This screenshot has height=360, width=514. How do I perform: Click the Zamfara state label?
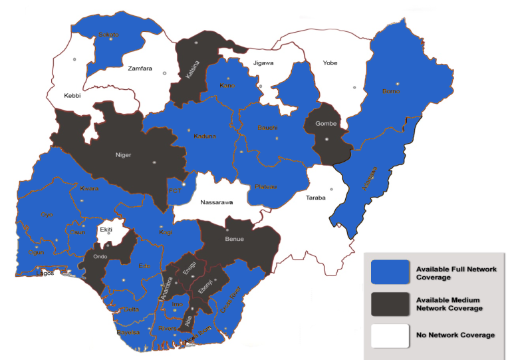coord(140,68)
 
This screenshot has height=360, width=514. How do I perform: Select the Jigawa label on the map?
coord(263,63)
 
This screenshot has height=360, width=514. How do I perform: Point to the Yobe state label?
coord(330,63)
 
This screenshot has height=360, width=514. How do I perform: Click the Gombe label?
coord(326,124)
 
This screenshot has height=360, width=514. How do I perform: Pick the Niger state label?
coord(124,155)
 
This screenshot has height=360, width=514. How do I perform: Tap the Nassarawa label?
coord(216,201)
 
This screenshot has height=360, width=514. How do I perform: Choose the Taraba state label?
coord(316,198)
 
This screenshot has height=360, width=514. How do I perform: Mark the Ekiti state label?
coord(106,230)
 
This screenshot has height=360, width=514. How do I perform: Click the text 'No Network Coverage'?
coord(455,335)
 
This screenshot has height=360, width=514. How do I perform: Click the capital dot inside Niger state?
coord(154,161)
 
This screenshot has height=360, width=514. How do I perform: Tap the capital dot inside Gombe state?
coord(326,139)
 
